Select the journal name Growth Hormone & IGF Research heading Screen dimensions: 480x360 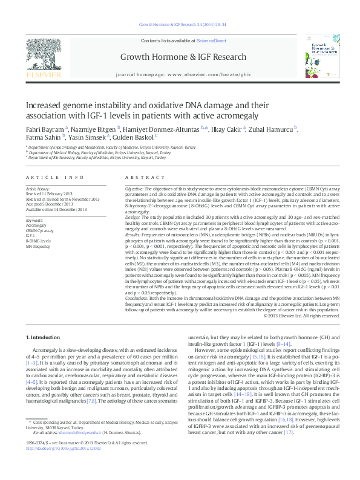180,59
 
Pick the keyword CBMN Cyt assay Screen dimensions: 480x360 39,231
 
